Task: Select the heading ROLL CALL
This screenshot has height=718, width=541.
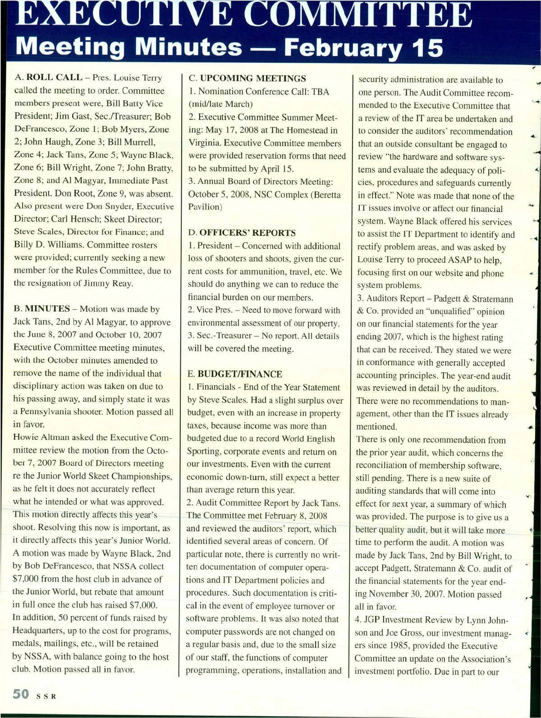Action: point(55,78)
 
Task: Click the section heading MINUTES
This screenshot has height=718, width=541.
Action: point(47,309)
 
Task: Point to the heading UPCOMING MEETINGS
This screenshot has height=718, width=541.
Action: point(253,78)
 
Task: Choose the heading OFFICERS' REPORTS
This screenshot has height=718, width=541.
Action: point(248,233)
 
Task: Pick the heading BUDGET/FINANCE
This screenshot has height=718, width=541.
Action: point(240,374)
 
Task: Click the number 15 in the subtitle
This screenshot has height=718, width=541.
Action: point(428,48)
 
